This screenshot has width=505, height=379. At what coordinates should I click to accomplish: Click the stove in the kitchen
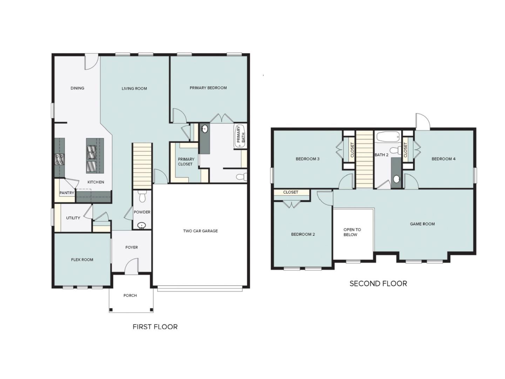pos(59,159)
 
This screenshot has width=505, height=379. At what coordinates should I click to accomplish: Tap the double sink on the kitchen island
pos(92,153)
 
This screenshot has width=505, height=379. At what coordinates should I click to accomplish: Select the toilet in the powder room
pos(142,197)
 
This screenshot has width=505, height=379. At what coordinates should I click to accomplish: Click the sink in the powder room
pos(141,225)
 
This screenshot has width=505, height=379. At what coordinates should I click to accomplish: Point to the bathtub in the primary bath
pos(240,136)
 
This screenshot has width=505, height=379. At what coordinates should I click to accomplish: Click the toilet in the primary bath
pos(242,177)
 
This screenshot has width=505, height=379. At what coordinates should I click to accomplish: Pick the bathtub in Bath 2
pos(388,137)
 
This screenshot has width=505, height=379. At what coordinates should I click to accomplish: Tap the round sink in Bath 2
pos(397,179)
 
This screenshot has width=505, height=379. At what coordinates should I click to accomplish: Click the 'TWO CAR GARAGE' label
pos(200,231)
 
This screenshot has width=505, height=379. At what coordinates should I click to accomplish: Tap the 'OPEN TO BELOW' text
pos(352,232)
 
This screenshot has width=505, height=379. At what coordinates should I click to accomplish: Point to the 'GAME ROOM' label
pos(422,224)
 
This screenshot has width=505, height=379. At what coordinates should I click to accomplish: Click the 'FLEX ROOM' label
pos(82,260)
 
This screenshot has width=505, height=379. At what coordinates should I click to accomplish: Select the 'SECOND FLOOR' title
pos(378,284)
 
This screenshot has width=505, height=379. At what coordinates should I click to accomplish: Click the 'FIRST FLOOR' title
pos(155,327)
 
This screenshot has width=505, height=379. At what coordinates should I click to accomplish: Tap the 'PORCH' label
pos(130,295)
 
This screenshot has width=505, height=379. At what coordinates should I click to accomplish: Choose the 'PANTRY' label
pos(67,193)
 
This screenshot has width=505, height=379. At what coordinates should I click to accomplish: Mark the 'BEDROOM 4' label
pos(443,159)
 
